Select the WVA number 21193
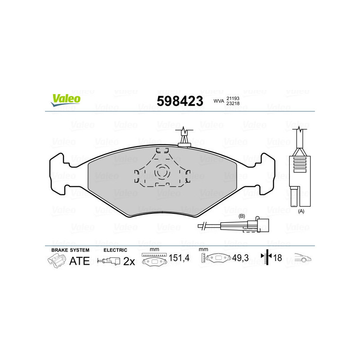pos(233,98)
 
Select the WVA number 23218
pos(233,103)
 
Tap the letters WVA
pos(219,101)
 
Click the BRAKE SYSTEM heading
pos(70,249)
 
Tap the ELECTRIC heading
pos(115,249)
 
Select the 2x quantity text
pos(129,261)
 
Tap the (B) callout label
pos(241,216)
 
